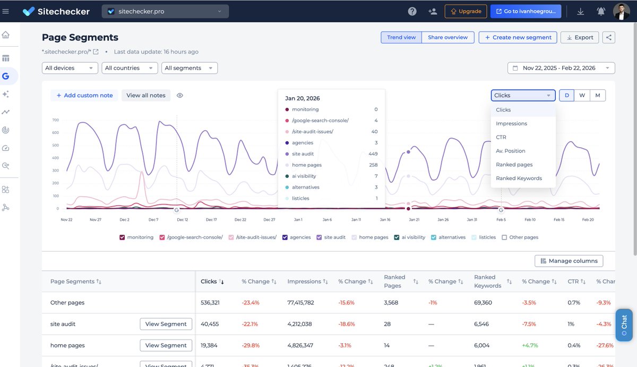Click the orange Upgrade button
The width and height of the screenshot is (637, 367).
[466, 11]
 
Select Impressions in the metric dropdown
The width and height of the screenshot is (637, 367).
[511, 123]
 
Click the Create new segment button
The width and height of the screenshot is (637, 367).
[518, 37]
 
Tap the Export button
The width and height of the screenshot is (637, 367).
[580, 37]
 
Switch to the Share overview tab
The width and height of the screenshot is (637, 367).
[447, 37]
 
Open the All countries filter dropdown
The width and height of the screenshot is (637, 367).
[130, 68]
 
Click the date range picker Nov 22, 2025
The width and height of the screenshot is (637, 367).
[561, 68]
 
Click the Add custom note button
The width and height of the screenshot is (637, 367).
[84, 95]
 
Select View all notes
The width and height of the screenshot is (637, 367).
[146, 95]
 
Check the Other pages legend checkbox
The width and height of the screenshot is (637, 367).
[504, 237]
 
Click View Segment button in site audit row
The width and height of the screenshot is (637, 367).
[166, 324]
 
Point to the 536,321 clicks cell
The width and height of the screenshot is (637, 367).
[210, 303]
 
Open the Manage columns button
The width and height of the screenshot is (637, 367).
[569, 261]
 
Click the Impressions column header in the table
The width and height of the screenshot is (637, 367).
[304, 281]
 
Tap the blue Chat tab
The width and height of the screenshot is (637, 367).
[624, 325]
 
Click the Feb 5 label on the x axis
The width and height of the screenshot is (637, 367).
[501, 219]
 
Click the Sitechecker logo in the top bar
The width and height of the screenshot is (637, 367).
[56, 11]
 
